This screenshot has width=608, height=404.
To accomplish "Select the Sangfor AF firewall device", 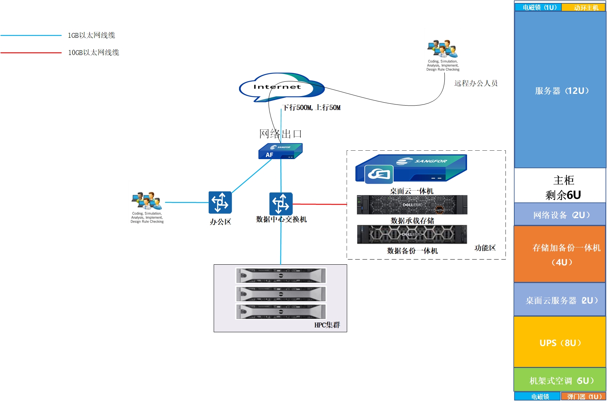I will [x=280, y=151].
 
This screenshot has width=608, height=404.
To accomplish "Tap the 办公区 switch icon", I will [x=220, y=202].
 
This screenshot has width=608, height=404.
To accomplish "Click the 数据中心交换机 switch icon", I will [x=281, y=203].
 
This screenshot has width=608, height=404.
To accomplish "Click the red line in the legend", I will [x=31, y=53].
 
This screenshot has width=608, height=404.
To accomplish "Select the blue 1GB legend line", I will [x=31, y=36].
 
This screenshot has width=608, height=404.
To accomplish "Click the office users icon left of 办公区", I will [x=147, y=201].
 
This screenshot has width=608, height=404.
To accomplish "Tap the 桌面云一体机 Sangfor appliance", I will [x=411, y=169].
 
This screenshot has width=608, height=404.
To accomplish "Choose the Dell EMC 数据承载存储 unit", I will [x=412, y=205].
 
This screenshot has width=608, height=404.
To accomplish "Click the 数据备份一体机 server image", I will [x=412, y=234].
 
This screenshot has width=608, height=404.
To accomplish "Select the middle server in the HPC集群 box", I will [x=281, y=294].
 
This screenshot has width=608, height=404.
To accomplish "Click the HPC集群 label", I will [x=327, y=325].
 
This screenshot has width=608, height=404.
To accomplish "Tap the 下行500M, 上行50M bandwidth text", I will [x=312, y=107].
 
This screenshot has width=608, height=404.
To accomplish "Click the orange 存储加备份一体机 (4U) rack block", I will [x=559, y=254].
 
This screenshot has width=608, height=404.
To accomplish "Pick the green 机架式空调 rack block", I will [x=560, y=380].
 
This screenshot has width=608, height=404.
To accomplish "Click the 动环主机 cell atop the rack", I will [x=583, y=7].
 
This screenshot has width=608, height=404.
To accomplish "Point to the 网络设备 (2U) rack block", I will [x=560, y=214].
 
